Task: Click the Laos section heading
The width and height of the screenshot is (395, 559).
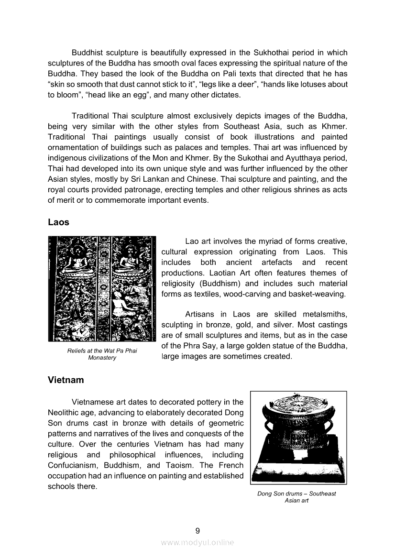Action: click(58, 222)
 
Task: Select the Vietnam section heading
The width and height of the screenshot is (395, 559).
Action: click(66, 380)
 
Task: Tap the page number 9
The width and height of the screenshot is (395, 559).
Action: click(197, 530)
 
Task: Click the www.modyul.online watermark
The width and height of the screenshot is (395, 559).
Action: click(197, 542)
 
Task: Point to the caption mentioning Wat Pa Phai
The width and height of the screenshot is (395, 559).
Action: click(102, 354)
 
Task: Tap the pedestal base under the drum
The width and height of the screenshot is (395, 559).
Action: click(299, 466)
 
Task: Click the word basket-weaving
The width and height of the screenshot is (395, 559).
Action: click(319, 294)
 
